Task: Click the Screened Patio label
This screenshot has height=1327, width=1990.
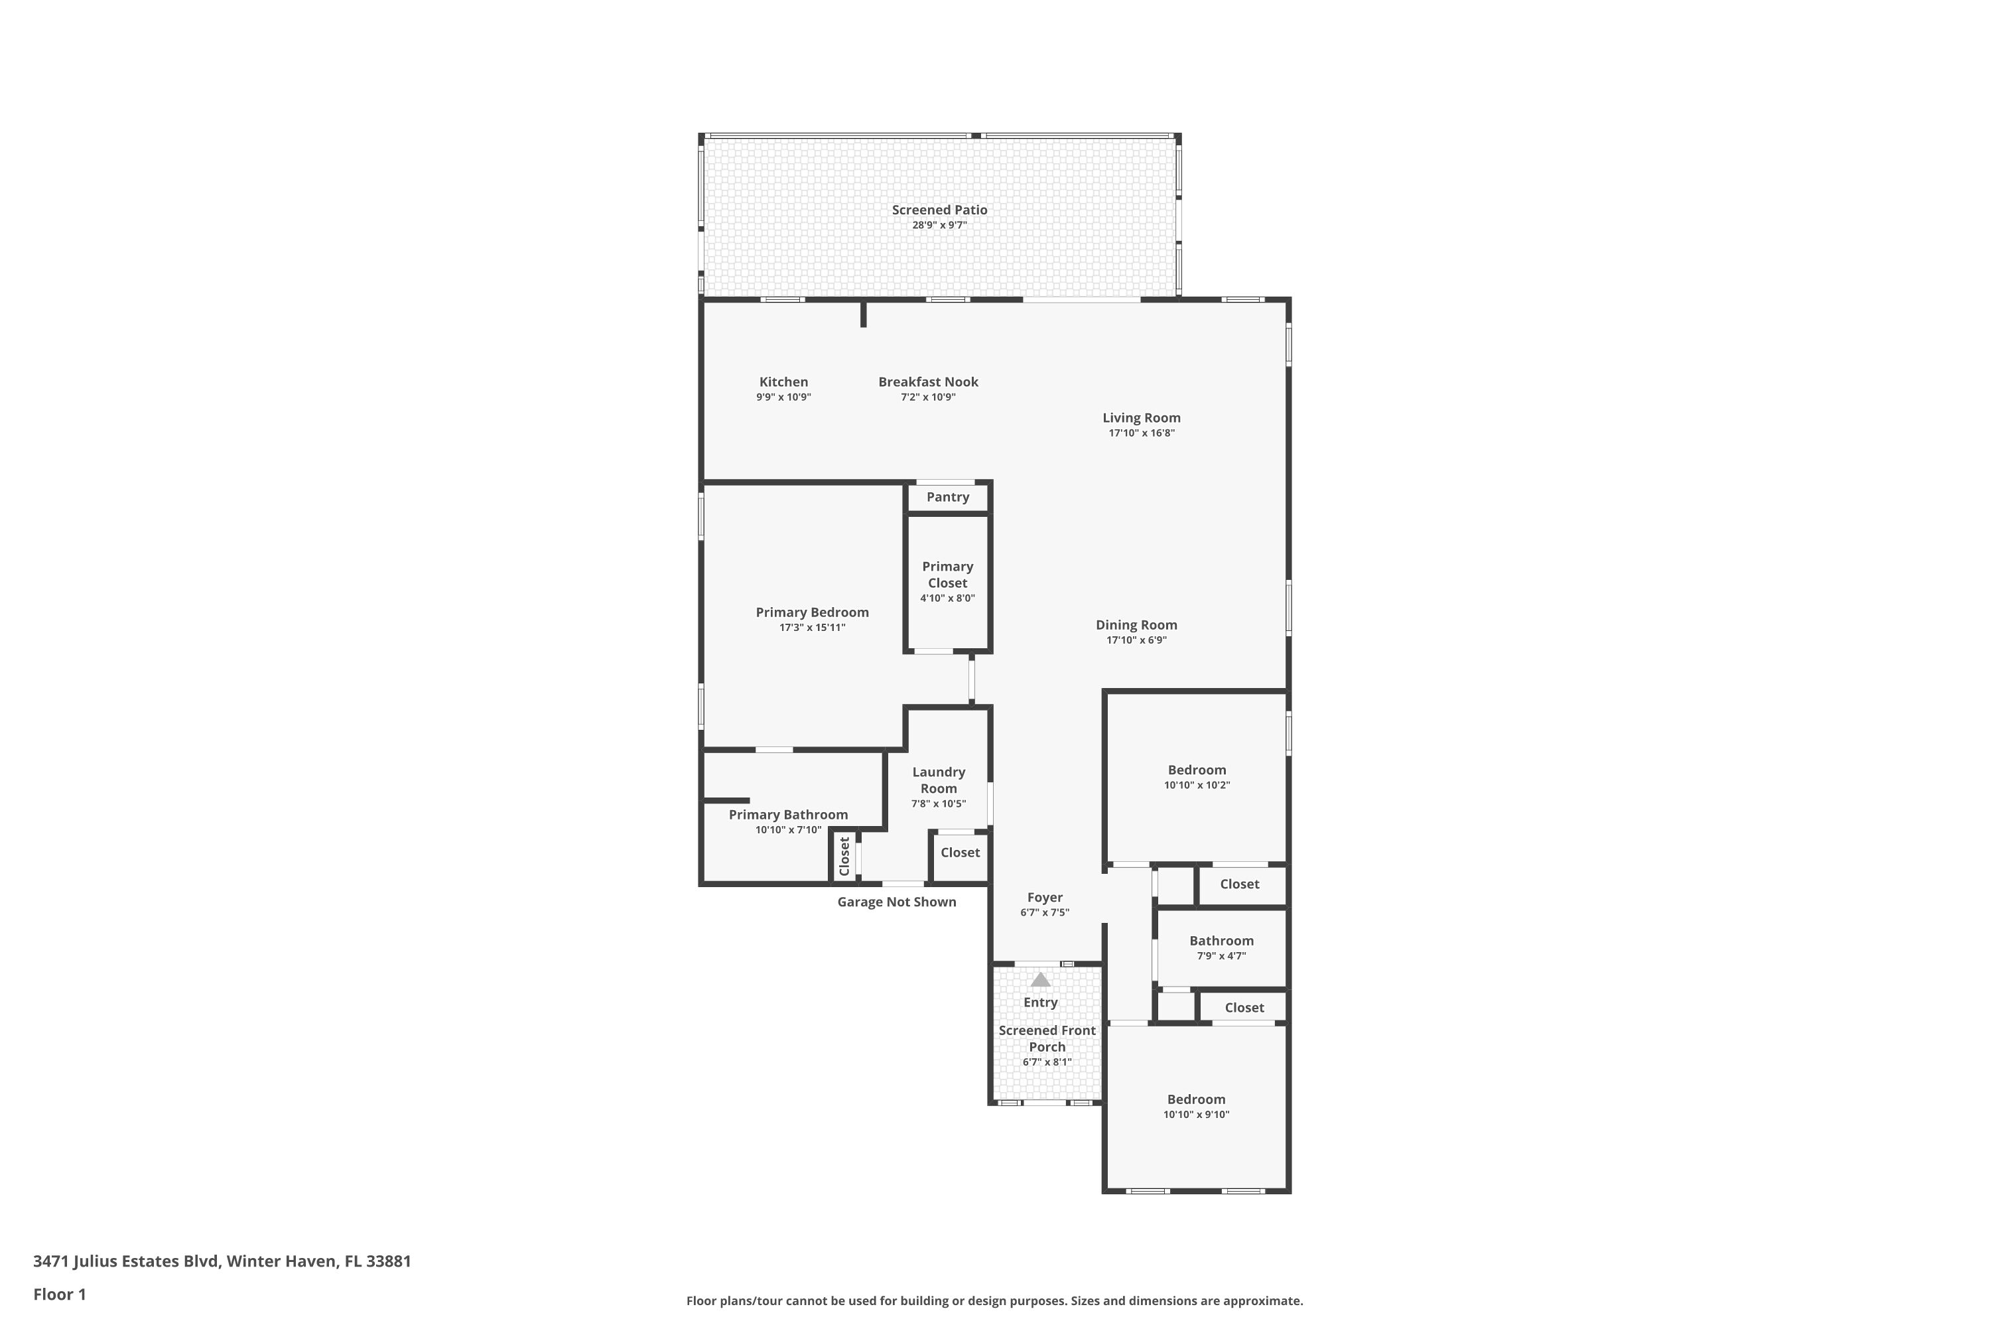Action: (939, 210)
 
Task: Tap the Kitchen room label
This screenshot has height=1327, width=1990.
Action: (783, 382)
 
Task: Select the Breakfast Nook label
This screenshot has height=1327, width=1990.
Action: (928, 382)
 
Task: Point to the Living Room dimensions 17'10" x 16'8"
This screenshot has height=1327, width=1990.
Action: (1142, 433)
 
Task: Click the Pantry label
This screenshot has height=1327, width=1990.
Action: (948, 497)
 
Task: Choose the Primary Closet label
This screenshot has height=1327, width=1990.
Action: (948, 575)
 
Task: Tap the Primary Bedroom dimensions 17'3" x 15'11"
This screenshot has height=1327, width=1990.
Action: (812, 628)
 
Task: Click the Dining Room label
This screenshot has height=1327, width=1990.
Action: (1136, 624)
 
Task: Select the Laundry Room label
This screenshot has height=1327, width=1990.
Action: (939, 780)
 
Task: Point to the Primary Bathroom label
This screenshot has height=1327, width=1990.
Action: (788, 815)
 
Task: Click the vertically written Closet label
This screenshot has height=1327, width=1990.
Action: (844, 857)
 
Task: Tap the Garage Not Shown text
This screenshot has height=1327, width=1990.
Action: (897, 902)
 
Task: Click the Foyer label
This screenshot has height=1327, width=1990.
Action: (1045, 897)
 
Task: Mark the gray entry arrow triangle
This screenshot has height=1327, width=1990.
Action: (1041, 979)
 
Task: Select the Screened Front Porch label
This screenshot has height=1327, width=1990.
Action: (1047, 1038)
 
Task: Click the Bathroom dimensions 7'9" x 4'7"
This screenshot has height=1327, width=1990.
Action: (1221, 956)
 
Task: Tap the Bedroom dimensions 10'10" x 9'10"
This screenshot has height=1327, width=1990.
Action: (1197, 1115)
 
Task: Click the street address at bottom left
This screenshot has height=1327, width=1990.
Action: (222, 1261)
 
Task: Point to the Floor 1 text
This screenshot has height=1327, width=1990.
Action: (59, 1294)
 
